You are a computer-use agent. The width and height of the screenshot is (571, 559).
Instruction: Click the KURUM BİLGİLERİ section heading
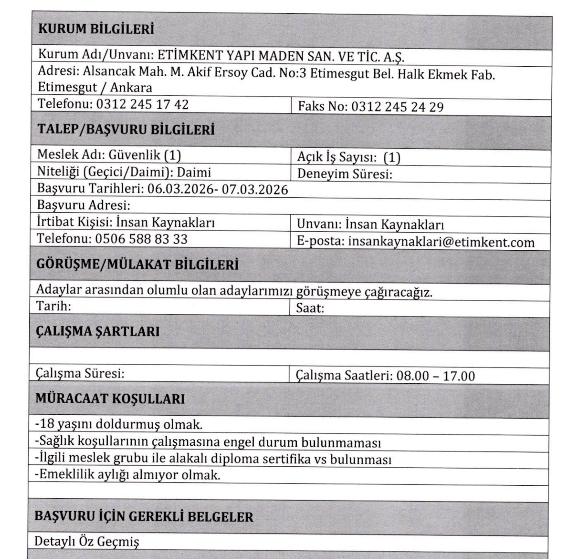pos(96,30)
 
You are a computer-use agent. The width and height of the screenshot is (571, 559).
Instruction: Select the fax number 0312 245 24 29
pos(397,107)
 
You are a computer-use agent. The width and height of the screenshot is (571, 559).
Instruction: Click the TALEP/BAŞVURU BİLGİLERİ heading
pos(126,130)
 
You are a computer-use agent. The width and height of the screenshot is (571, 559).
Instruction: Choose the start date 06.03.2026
pos(180,189)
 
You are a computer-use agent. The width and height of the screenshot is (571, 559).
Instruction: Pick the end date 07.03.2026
pos(254,189)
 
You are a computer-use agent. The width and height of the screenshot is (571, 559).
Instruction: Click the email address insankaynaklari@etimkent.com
pos(441,242)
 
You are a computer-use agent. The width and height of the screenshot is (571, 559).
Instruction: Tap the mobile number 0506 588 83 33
pos(141,239)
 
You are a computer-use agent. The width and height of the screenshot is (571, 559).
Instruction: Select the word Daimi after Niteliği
pos(194,172)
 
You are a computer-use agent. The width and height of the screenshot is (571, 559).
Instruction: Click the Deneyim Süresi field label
pos(344,174)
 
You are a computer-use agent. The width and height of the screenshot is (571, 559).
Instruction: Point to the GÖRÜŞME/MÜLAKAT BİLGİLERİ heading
pos(137,264)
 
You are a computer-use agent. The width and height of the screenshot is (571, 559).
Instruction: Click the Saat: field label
pos(310,308)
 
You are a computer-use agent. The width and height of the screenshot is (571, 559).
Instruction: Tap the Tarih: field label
pos(53,306)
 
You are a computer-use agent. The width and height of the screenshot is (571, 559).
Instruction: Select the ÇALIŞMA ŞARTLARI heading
pos(97,332)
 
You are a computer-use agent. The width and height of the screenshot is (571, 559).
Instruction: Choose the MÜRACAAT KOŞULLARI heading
pos(110,399)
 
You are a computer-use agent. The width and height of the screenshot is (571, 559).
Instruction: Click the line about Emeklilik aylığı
pos(127,475)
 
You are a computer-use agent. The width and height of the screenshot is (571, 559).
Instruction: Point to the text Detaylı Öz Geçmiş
pos(87,541)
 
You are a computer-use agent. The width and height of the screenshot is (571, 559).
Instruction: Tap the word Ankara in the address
pos(131,87)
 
